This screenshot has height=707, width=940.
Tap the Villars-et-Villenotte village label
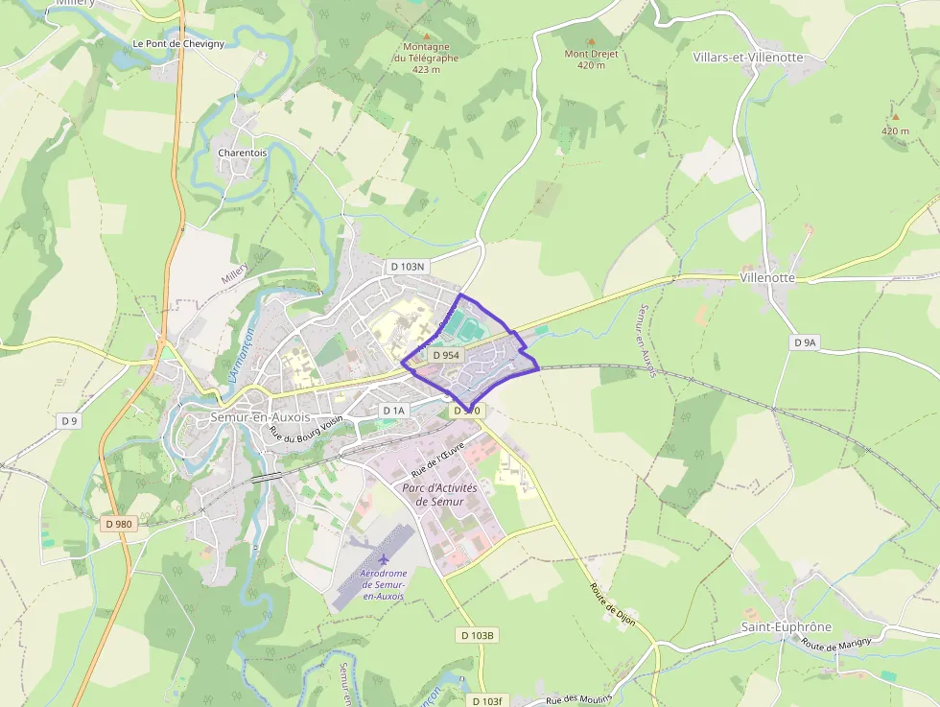[745, 58]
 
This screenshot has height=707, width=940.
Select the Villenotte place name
[767, 277]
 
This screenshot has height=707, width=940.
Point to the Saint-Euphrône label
[786, 626]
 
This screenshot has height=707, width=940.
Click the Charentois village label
[242, 153]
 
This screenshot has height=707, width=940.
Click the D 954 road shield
[446, 355]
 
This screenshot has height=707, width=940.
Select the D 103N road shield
[407, 266]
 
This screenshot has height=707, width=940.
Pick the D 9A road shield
[805, 342]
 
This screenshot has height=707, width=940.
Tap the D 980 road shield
[118, 524]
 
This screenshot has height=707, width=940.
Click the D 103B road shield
[477, 635]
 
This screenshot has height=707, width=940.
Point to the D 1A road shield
[394, 411]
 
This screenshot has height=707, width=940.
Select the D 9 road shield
[68, 420]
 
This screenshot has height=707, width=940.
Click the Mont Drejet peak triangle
[590, 41]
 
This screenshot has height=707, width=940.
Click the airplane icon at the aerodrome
[384, 558]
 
